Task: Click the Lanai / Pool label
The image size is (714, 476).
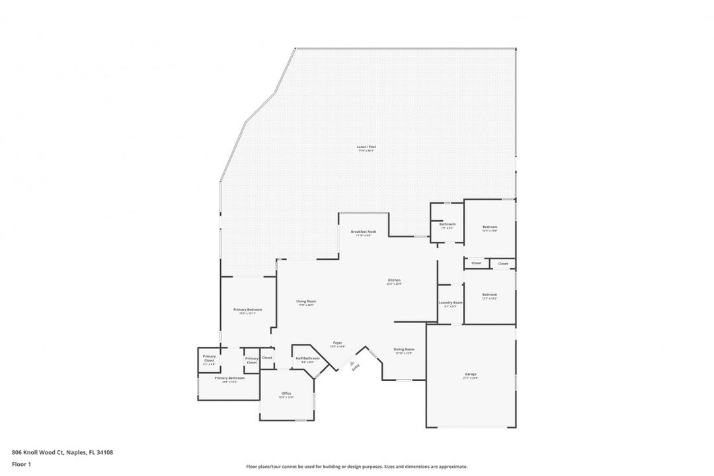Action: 366,147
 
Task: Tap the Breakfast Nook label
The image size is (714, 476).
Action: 364,231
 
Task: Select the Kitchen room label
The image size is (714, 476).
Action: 394,280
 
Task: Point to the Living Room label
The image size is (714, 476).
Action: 306,301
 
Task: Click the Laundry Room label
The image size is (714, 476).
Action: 450,303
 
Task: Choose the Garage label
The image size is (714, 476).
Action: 471,374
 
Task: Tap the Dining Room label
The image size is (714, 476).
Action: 403,350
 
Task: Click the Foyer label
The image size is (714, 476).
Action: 337,343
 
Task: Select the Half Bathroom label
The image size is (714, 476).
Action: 307,358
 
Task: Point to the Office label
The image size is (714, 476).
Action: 286,393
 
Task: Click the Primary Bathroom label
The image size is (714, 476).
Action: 229,378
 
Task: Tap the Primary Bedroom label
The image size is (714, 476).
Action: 247,309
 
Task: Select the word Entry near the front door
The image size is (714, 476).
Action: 356,368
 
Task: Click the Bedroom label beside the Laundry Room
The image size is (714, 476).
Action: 489,294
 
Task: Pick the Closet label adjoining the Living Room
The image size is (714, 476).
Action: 267,358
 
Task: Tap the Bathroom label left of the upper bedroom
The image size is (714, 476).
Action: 448,224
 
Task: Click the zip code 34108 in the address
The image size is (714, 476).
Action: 104,452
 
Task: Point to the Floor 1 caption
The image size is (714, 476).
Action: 22,464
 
